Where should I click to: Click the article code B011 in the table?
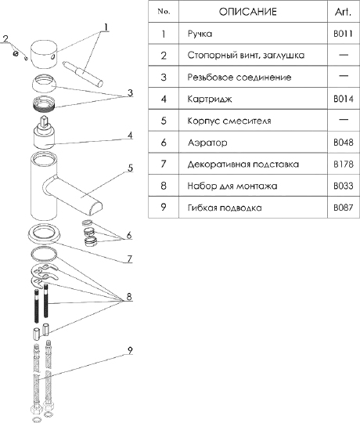point(343,34)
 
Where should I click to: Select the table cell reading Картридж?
point(210,99)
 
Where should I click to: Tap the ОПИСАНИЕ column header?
point(247,12)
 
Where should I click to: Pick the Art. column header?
point(343,12)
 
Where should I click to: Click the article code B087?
point(343,208)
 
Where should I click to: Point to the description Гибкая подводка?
point(225,208)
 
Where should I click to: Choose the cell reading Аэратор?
point(207,143)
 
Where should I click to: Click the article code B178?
point(343,164)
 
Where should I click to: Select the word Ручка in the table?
point(200,34)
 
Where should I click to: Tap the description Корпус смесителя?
point(229,121)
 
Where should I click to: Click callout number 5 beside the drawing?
point(130,168)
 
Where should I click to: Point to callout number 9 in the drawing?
point(130,350)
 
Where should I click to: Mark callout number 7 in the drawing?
point(130,259)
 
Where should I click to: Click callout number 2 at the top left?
point(5,39)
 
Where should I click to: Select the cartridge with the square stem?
point(44,132)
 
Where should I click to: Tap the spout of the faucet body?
point(74,195)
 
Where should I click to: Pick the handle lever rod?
point(82,74)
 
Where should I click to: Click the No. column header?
point(164,12)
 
